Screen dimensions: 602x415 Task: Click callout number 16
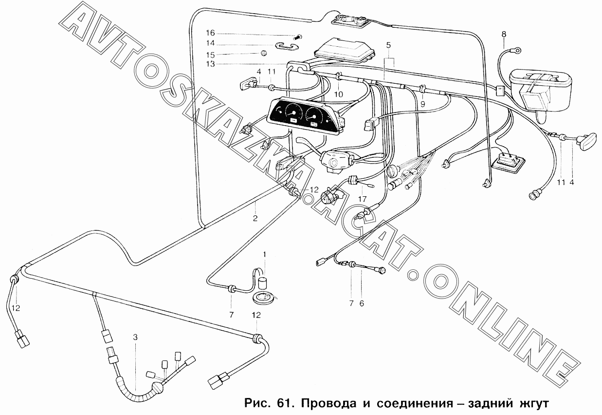click(x=210, y=33)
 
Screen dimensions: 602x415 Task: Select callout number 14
click(x=210, y=43)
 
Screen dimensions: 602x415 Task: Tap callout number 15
click(x=210, y=55)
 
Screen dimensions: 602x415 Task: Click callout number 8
click(x=503, y=35)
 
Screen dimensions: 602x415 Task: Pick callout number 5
click(x=388, y=45)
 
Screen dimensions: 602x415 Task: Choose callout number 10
click(x=339, y=94)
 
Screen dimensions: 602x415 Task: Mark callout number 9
click(x=423, y=104)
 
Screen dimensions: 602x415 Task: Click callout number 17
click(x=362, y=199)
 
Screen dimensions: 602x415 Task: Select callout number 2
click(x=255, y=218)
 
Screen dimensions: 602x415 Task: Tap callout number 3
click(x=135, y=337)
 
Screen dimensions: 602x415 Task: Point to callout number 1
click(x=264, y=254)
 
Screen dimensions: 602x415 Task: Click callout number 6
click(x=362, y=303)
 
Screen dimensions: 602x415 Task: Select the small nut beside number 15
click(x=264, y=53)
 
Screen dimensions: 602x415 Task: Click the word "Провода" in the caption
click(x=335, y=404)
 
